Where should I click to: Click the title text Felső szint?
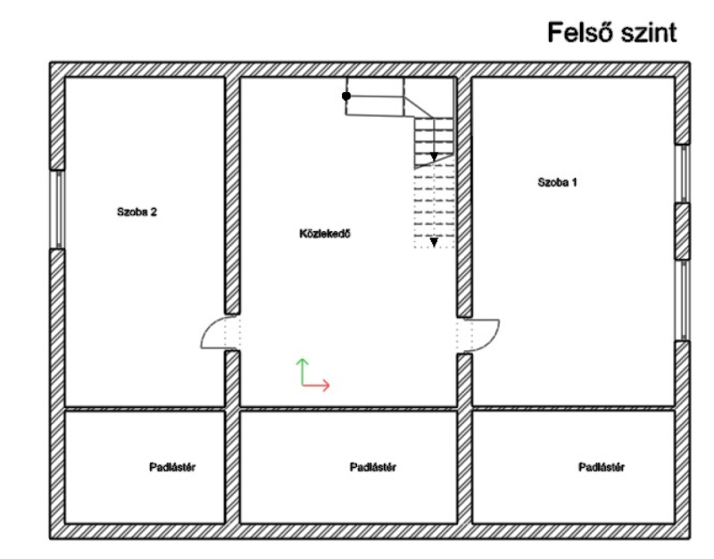click(x=611, y=32)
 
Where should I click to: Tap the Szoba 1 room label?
click(x=557, y=182)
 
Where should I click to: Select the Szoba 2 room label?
click(x=137, y=212)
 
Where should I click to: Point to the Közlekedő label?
click(x=325, y=234)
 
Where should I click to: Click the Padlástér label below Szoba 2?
click(x=172, y=467)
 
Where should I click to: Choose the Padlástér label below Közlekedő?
click(x=373, y=467)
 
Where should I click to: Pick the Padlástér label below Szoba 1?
click(x=602, y=467)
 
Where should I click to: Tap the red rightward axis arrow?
click(x=316, y=385)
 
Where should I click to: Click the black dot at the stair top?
click(x=346, y=96)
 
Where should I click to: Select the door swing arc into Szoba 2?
click(x=213, y=332)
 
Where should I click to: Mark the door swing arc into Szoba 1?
click(x=486, y=336)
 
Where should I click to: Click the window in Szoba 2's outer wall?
click(x=57, y=210)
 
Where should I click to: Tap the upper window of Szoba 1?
click(x=682, y=173)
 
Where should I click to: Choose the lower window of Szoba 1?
click(x=682, y=300)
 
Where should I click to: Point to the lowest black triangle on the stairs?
click(x=434, y=242)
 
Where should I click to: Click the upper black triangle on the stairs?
click(x=434, y=157)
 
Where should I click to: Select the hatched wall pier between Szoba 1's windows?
click(x=682, y=231)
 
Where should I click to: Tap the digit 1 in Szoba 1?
click(x=574, y=182)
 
